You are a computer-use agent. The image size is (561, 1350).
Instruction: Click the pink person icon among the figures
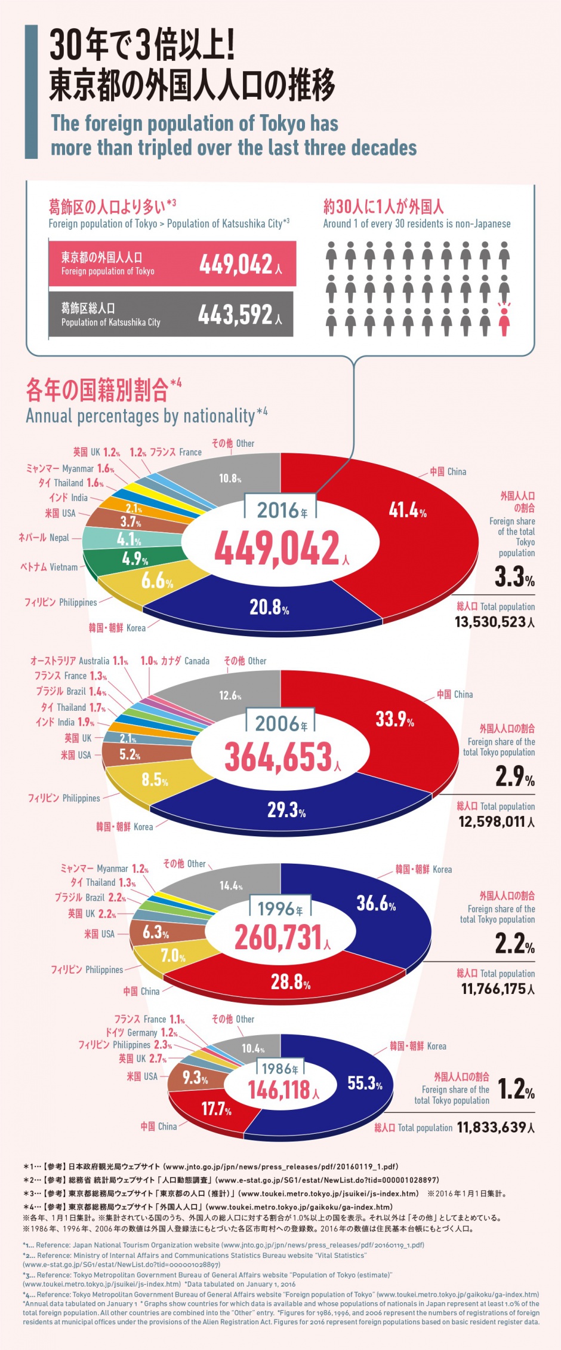504,320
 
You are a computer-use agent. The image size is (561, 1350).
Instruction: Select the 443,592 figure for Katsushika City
236,315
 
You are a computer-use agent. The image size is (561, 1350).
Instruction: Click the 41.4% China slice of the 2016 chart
408,511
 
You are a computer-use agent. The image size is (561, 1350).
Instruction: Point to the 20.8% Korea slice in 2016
269,607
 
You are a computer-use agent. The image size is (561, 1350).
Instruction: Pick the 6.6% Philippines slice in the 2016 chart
156,580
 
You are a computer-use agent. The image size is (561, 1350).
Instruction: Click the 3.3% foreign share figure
514,577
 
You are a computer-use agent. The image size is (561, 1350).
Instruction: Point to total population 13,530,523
494,622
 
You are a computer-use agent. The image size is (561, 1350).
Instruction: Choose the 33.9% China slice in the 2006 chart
394,719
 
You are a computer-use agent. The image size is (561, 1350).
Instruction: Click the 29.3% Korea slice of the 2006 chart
286,810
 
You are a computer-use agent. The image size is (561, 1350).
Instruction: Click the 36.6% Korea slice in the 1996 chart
376,903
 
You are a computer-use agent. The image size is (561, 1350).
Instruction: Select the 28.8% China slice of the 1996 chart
291,981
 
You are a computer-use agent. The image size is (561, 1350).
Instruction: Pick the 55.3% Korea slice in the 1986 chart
365,1083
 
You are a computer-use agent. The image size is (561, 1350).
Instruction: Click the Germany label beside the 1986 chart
141,1033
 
